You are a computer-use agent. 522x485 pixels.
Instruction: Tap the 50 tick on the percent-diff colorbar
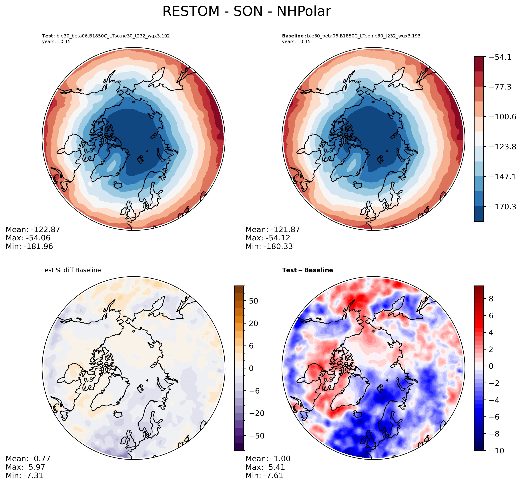(x=253, y=301)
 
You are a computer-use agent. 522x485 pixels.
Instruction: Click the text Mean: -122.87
(x=33, y=230)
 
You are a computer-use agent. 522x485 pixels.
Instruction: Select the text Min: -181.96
(x=29, y=246)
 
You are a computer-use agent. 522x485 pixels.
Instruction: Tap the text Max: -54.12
(x=268, y=238)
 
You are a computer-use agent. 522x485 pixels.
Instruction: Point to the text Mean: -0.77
(x=28, y=458)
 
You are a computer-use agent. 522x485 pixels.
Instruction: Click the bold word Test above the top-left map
(x=47, y=36)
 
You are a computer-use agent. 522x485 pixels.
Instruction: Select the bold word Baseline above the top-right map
(x=293, y=36)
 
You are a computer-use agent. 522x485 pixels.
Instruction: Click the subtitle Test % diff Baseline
(x=71, y=270)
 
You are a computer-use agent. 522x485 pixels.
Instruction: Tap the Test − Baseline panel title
(x=307, y=270)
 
